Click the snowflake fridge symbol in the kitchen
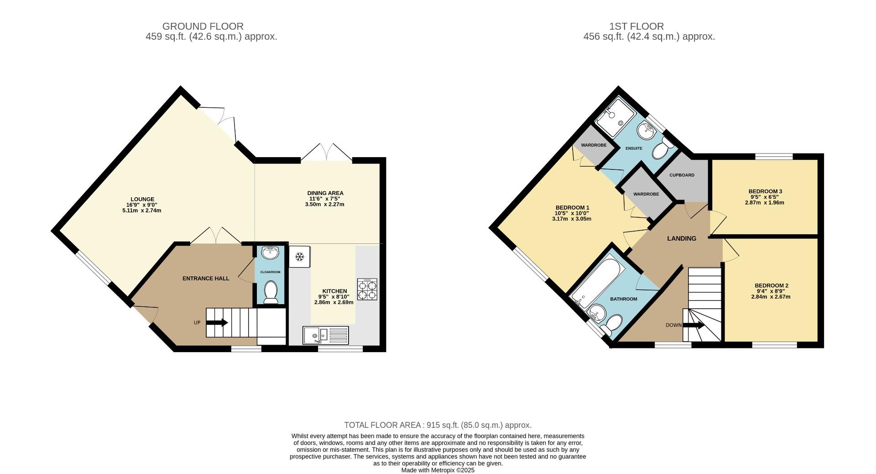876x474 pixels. pyautogui.click(x=300, y=257)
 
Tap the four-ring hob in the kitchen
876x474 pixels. pyautogui.click(x=367, y=289)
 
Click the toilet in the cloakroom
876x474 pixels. pyautogui.click(x=271, y=292)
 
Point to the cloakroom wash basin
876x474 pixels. pyautogui.click(x=270, y=252)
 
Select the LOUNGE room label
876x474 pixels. pyautogui.click(x=142, y=199)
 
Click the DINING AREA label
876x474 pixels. pyautogui.click(x=325, y=193)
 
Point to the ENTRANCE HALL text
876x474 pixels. pyautogui.click(x=206, y=279)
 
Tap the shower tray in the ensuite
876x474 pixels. pyautogui.click(x=615, y=117)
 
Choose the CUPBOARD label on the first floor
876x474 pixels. pyautogui.click(x=682, y=175)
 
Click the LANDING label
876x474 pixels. pyautogui.click(x=682, y=238)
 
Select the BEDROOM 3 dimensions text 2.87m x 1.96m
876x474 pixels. pyautogui.click(x=764, y=203)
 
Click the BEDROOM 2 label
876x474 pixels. pyautogui.click(x=771, y=286)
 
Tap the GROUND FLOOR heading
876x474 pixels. pyautogui.click(x=203, y=26)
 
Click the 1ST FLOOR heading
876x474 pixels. pyautogui.click(x=649, y=26)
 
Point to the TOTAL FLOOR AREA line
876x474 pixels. pyautogui.click(x=438, y=425)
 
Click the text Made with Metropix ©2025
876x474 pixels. pyautogui.click(x=438, y=470)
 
